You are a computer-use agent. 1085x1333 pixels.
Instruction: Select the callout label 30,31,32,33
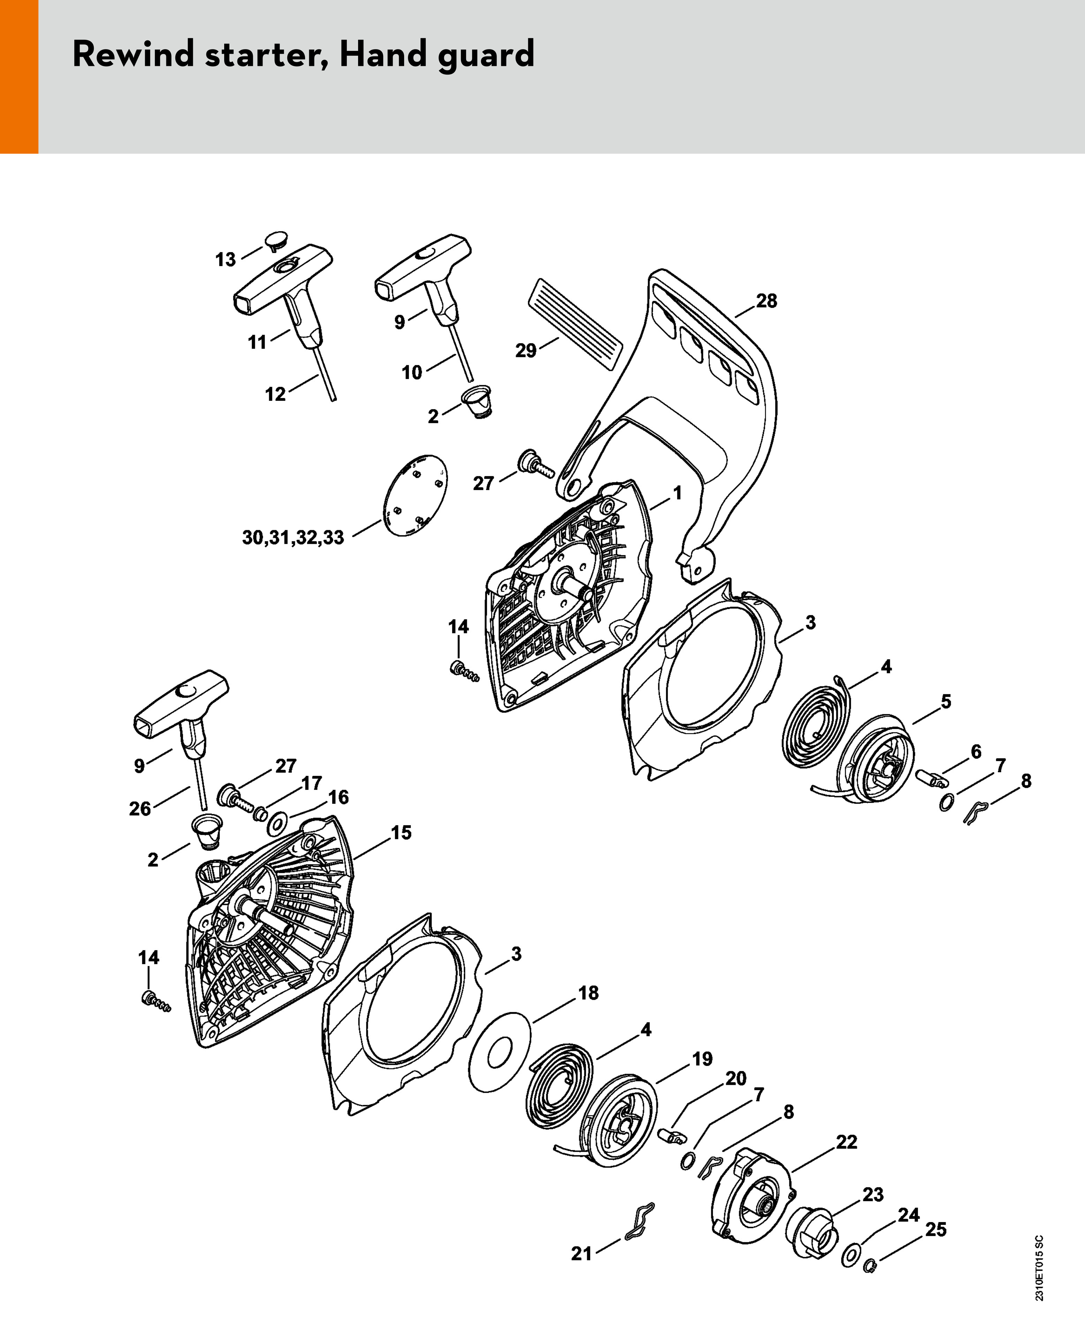(293, 538)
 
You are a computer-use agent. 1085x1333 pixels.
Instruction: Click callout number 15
(401, 832)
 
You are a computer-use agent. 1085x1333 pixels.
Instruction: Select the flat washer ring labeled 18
(499, 1052)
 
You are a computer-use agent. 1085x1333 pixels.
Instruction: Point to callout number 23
(873, 1194)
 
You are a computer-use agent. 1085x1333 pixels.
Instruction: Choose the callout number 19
(702, 1059)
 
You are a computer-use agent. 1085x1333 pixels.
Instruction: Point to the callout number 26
(140, 809)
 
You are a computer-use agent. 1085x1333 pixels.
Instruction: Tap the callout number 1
(677, 493)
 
